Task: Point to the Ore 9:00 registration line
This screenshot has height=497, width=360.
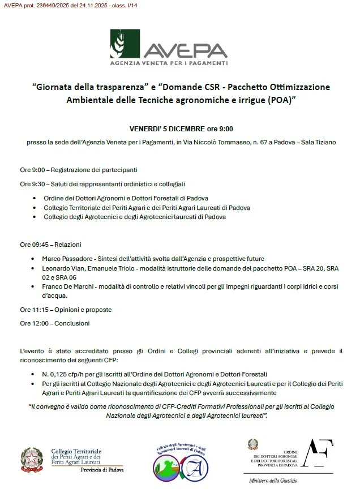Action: [x=79, y=169]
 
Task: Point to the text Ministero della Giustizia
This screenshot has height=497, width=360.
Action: [x=273, y=481]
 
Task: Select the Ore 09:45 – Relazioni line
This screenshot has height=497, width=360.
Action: [x=51, y=245]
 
